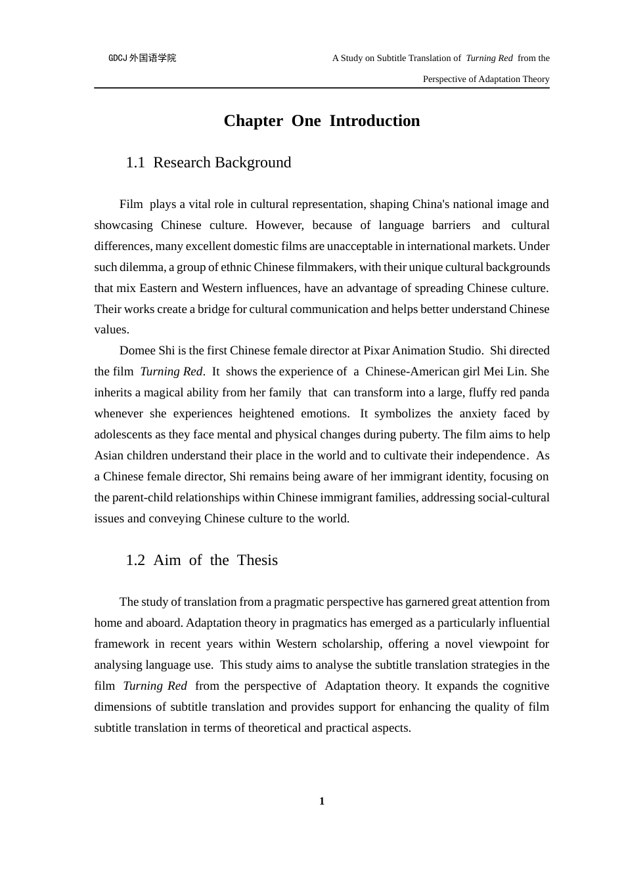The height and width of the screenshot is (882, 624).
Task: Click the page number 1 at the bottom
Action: coord(322,801)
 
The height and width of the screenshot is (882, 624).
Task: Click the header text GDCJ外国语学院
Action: coord(142,58)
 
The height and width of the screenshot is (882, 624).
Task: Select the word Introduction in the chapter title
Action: coord(374,121)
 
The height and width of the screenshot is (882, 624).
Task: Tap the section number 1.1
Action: coord(135,163)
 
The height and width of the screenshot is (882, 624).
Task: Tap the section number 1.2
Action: coord(135,560)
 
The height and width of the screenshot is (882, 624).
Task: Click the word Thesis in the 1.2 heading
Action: coord(257,560)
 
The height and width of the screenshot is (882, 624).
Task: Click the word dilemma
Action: coord(136,267)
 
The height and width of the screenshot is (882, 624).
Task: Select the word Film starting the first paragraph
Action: coord(131,204)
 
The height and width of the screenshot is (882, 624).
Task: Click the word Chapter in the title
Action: coord(253,121)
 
